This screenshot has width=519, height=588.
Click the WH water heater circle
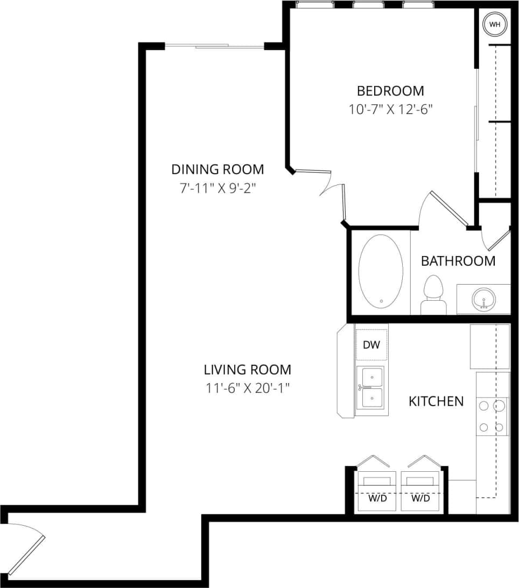(494, 24)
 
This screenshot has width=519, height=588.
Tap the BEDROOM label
(390, 90)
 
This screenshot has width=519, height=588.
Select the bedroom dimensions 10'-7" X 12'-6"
(390, 109)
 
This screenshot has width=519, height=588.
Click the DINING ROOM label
(218, 169)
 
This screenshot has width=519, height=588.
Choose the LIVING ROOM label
(247, 370)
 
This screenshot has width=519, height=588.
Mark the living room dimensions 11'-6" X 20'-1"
(247, 388)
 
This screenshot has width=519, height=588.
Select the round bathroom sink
(483, 299)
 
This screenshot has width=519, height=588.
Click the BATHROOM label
(458, 261)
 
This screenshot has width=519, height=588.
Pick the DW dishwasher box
(371, 345)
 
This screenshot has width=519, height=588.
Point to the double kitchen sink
(371, 387)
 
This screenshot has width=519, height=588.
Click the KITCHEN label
(436, 401)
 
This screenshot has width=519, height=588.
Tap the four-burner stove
(493, 416)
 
